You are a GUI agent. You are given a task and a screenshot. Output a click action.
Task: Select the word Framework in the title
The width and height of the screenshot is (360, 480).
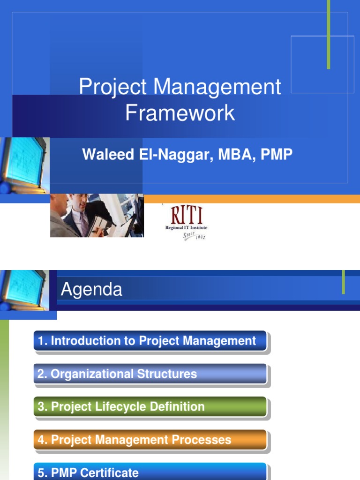[x=180, y=113]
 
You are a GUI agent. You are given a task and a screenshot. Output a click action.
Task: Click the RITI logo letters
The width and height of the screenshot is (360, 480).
[x=187, y=216]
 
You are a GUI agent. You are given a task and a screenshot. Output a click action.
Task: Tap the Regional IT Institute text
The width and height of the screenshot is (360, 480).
[x=186, y=228]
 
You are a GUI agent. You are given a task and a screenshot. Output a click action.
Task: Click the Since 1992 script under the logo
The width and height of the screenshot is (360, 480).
[x=194, y=235]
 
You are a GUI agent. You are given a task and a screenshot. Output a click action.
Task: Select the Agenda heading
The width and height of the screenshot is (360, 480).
[x=91, y=290]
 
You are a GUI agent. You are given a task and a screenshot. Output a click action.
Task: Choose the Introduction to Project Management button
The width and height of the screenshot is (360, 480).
[x=150, y=341]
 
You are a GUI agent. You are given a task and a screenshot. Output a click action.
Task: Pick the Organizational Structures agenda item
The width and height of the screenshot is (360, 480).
[x=150, y=374]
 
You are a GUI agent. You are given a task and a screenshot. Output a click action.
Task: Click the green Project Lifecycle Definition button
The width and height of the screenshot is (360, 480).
[x=150, y=407]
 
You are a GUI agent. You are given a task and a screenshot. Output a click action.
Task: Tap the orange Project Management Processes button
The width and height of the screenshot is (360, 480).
[x=150, y=440]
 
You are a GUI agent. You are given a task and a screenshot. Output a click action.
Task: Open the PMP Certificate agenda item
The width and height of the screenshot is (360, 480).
[x=150, y=472]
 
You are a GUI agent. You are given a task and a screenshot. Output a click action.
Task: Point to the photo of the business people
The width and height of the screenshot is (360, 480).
[x=97, y=216]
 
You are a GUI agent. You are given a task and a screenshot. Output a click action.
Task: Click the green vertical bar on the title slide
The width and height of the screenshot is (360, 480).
[x=329, y=35]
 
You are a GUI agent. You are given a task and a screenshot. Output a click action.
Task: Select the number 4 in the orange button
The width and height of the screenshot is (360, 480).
[x=41, y=440]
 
